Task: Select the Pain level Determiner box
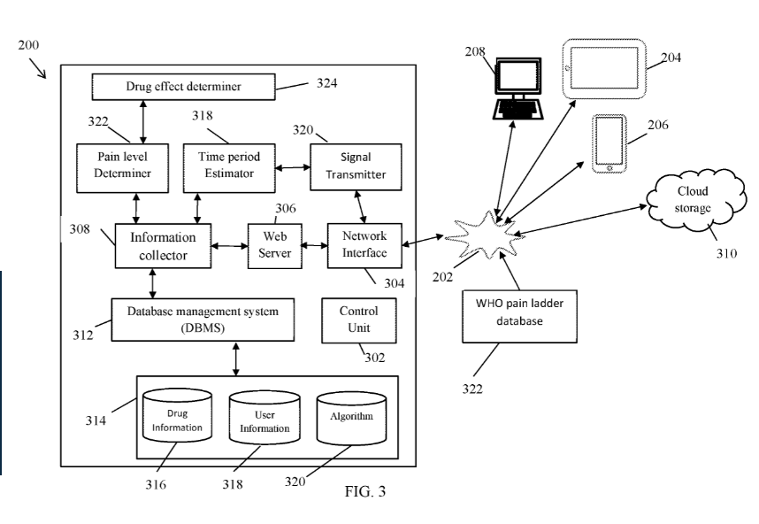tap(123, 166)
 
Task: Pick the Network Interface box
tap(364, 245)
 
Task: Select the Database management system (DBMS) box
tap(202, 319)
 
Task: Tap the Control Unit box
tap(359, 320)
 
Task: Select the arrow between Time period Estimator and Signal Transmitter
tap(290, 166)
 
